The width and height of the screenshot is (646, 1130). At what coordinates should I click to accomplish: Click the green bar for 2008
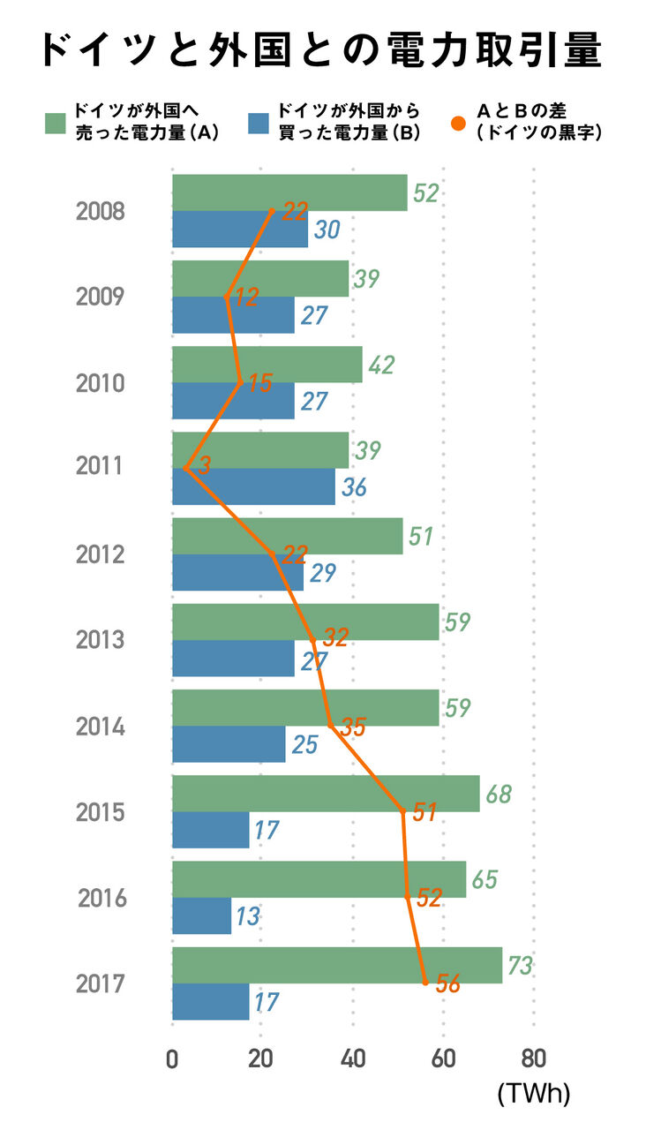pyautogui.click(x=289, y=192)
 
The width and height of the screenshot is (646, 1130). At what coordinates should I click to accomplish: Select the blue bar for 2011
pyautogui.click(x=253, y=486)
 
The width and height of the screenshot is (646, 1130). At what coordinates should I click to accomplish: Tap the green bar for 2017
pyautogui.click(x=336, y=965)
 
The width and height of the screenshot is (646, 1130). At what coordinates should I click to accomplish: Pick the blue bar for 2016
pyautogui.click(x=201, y=915)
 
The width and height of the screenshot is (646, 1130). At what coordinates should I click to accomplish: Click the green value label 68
pyautogui.click(x=499, y=794)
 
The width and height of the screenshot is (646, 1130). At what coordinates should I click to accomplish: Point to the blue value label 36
pyautogui.click(x=353, y=486)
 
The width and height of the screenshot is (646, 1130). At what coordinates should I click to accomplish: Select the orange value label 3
pyautogui.click(x=205, y=466)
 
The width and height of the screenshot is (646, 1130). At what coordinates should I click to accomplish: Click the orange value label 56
pyautogui.click(x=448, y=984)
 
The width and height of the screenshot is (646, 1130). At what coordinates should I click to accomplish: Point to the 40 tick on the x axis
pyautogui.click(x=353, y=1058)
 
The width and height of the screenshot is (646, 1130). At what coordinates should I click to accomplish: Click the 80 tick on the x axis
pyautogui.click(x=534, y=1058)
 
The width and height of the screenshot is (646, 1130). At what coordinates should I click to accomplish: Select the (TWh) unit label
pyautogui.click(x=534, y=1095)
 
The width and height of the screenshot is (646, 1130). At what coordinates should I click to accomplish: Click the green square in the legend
pyautogui.click(x=56, y=123)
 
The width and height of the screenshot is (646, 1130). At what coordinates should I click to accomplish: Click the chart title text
pyautogui.click(x=322, y=51)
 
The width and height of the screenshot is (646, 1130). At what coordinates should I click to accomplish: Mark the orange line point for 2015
pyautogui.click(x=403, y=811)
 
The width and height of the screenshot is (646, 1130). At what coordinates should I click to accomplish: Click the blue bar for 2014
pyautogui.click(x=229, y=743)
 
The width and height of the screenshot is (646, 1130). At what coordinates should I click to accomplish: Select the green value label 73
pyautogui.click(x=521, y=966)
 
